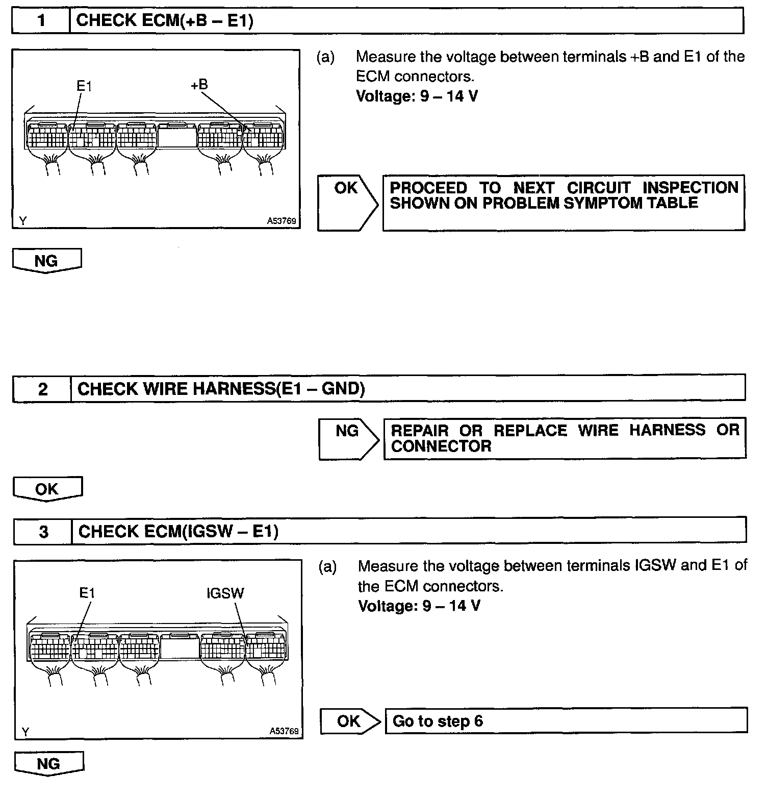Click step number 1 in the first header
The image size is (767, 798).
click(41, 20)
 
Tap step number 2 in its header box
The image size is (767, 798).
click(42, 389)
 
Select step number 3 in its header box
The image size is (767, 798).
click(43, 532)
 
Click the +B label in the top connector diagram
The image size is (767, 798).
click(199, 85)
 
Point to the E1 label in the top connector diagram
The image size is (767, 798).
click(84, 86)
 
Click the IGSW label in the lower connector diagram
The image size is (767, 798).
click(225, 593)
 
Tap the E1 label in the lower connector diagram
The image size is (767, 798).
click(87, 593)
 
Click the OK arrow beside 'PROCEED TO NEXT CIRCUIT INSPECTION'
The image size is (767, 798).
click(347, 202)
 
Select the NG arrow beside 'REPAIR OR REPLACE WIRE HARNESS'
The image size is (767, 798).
click(348, 438)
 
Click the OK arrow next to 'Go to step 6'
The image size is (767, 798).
click(349, 721)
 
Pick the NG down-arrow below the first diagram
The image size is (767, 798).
click(46, 261)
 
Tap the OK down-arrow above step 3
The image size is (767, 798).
click(47, 489)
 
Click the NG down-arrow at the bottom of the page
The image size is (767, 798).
click(48, 763)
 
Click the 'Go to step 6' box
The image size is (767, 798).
click(566, 721)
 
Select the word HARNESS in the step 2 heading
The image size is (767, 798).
click(219, 389)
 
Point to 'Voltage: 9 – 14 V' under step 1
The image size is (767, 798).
click(417, 96)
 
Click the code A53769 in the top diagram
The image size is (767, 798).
click(282, 221)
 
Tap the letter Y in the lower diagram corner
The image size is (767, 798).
click(25, 731)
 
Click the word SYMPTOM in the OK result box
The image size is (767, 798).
click(603, 203)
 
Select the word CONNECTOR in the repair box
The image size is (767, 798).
click(441, 446)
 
